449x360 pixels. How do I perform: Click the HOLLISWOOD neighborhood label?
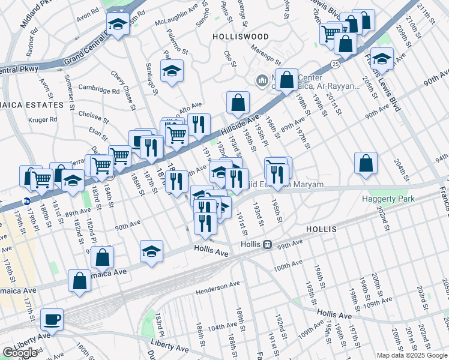(240, 36)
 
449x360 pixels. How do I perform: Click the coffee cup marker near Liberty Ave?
(52, 319)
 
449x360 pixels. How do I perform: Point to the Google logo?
(20, 353)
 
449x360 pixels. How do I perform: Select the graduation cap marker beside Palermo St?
(172, 71)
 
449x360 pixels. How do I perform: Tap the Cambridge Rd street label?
(99, 91)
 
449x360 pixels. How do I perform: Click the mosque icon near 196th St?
(262, 80)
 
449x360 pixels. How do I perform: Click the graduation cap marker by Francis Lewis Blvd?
(381, 59)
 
